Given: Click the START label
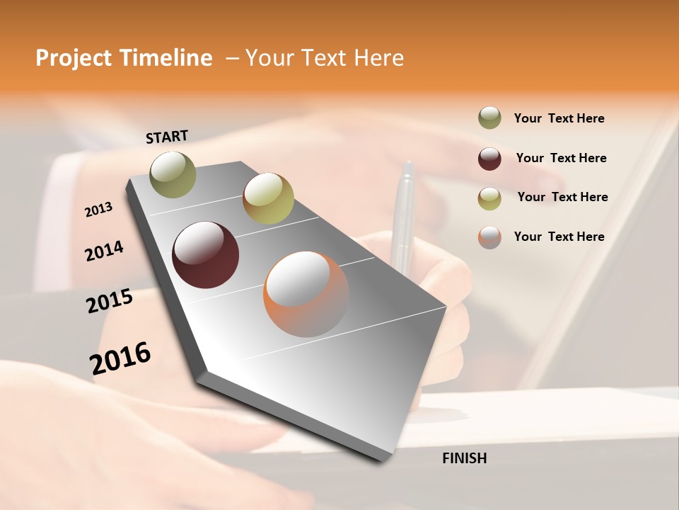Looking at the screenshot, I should click(x=167, y=137).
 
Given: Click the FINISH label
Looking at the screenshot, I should click(x=464, y=458).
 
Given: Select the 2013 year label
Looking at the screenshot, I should click(x=99, y=210).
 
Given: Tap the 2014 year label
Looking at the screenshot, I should click(x=104, y=251).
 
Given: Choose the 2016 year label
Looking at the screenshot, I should click(x=120, y=358).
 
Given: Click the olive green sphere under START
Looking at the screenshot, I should click(x=173, y=174).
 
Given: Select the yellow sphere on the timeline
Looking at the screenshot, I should click(x=268, y=198).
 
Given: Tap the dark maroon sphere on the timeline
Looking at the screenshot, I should click(x=205, y=255).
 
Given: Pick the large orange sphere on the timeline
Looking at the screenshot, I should click(x=306, y=294).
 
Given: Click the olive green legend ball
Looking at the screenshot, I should click(x=489, y=118).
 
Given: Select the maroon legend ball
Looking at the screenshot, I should click(x=489, y=159).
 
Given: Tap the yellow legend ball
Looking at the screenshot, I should click(x=489, y=198).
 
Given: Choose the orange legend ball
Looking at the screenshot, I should click(x=489, y=237).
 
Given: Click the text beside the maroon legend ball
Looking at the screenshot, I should click(x=561, y=158).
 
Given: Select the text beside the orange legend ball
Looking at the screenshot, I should click(x=559, y=237).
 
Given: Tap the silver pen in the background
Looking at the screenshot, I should click(x=405, y=212).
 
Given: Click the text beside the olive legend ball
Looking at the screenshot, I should click(x=559, y=118).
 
